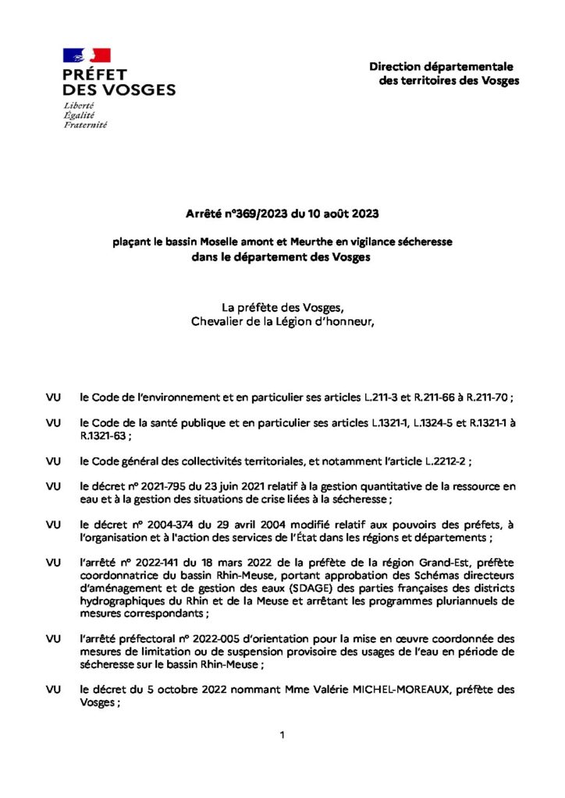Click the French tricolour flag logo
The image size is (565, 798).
(87, 55)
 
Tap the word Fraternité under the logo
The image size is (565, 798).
(86, 124)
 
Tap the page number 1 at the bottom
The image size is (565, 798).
(282, 734)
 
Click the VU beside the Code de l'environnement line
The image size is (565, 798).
(54, 397)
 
